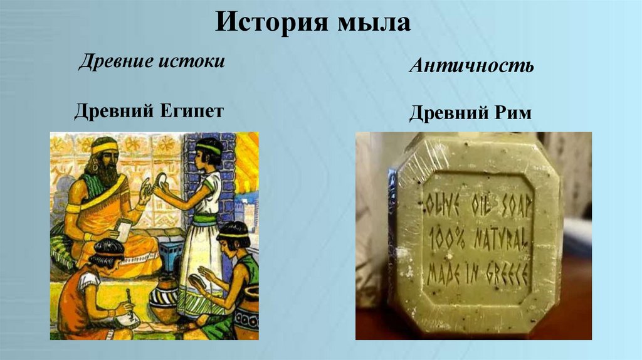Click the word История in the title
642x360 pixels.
pyautogui.click(x=268, y=24)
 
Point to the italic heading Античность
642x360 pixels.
pyautogui.click(x=471, y=66)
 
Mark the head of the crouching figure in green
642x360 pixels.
pyautogui.click(x=232, y=235)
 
